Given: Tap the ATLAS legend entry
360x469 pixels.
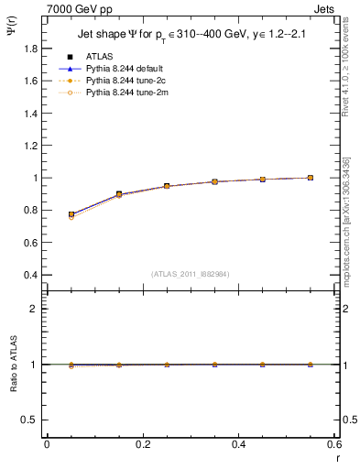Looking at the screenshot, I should tap(101, 56).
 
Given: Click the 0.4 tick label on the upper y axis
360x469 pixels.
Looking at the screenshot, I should tap(30, 275).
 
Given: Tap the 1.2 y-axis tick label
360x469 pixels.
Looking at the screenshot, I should tap(30, 129).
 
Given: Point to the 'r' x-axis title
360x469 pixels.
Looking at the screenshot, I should tap(336, 457).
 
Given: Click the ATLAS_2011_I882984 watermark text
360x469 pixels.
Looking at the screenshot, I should tap(189, 273).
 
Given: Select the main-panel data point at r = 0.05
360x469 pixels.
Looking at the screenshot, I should tap(71, 214).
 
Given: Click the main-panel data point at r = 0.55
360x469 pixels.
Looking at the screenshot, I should tap(311, 178).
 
